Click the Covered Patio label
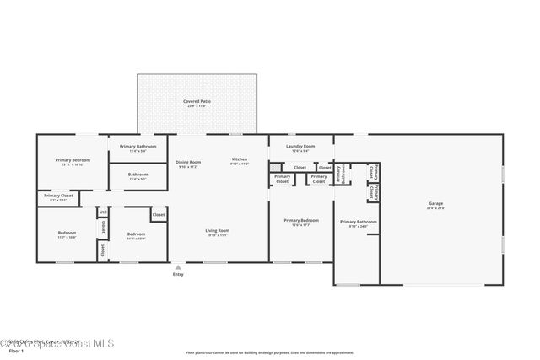click(x=197, y=103)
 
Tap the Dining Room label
click(x=188, y=164)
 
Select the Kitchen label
click(x=239, y=161)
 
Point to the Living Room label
click(x=218, y=233)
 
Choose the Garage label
click(x=435, y=205)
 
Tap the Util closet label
click(x=102, y=212)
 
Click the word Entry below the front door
click(x=178, y=275)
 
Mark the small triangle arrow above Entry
click(x=178, y=267)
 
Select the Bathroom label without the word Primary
click(x=138, y=176)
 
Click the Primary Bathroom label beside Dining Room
click(x=138, y=148)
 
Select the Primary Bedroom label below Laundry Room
click(x=300, y=222)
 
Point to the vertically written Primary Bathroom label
click(x=339, y=174)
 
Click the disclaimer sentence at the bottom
click(x=270, y=352)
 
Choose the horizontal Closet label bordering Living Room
click(x=158, y=215)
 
